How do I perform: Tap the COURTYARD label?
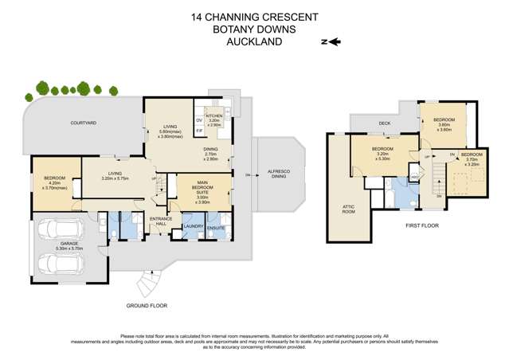coord(84,123)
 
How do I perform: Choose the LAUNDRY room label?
coord(194,227)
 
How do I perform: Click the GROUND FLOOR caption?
coord(146,305)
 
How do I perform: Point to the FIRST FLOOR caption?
coord(421,226)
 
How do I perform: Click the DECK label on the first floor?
coord(384,123)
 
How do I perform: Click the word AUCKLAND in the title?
coord(254,42)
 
